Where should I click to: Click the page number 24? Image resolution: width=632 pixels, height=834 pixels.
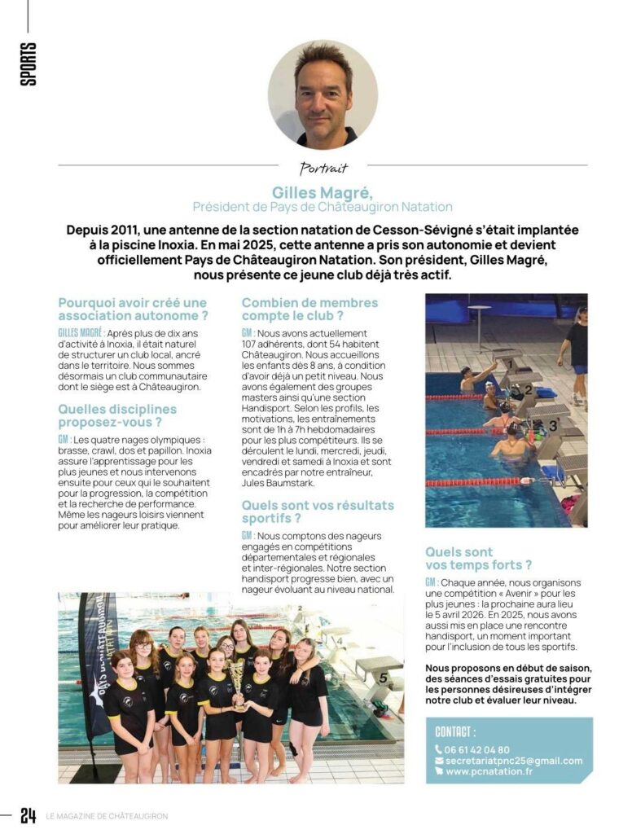29,815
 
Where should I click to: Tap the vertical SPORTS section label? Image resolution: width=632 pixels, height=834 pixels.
29,65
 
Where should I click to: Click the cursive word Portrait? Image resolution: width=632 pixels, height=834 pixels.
323,169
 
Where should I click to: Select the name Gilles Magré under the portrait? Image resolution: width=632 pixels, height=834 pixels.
323,193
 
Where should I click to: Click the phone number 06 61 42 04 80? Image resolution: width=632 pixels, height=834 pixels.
476,749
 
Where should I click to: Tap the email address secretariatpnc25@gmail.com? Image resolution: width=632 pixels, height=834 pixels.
513,761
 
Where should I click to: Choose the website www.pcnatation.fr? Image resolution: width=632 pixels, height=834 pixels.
489,771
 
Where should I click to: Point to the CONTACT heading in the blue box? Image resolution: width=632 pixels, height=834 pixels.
456,731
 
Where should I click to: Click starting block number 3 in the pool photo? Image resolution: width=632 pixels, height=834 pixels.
553,424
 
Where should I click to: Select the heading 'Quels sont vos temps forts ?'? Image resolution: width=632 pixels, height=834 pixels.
479,558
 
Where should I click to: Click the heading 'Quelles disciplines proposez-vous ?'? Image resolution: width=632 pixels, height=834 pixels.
117,415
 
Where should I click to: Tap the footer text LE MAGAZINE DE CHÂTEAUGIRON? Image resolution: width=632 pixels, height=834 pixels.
106,816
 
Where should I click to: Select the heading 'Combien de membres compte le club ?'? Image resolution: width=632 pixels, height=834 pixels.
309,309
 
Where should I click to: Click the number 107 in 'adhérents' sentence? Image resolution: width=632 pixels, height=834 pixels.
252,345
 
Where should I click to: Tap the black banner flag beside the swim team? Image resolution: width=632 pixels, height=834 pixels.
96,668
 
